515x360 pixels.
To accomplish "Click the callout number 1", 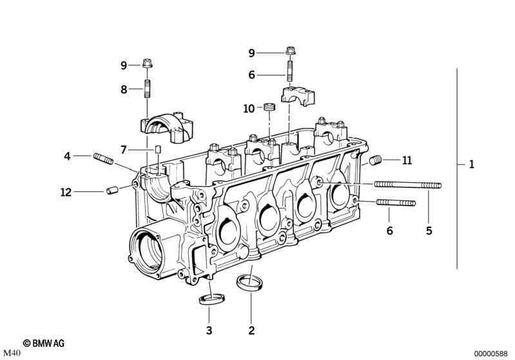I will (471, 165).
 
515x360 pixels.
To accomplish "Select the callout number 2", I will (251, 331).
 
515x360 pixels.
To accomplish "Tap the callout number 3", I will (208, 331).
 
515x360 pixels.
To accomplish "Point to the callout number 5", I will (429, 231).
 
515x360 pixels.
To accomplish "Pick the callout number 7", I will (124, 150).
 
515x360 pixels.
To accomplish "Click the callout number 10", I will (249, 109).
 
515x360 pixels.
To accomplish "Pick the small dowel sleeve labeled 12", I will (112, 191).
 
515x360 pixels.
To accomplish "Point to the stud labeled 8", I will (147, 90).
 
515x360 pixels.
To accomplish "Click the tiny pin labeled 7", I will (156, 149).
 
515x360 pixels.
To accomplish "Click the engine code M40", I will (13, 354).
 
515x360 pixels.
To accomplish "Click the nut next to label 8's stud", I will (147, 64).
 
